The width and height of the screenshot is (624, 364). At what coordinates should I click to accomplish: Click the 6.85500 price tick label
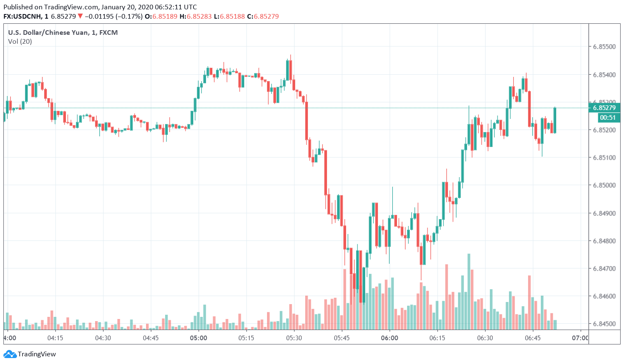[604, 47]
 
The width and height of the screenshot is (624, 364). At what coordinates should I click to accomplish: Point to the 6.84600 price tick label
[604, 296]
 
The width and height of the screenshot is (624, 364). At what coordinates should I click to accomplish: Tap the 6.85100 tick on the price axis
[604, 158]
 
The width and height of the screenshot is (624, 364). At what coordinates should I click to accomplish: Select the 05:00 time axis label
[199, 338]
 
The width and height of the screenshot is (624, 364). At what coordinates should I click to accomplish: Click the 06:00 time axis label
[390, 338]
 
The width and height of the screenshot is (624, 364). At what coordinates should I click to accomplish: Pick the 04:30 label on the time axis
[103, 338]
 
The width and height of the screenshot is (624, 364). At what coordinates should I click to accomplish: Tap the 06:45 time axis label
[533, 338]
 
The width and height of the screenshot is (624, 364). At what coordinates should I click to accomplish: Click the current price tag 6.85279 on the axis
[604, 108]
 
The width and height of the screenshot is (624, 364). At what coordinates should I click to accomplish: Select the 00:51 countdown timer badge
[608, 118]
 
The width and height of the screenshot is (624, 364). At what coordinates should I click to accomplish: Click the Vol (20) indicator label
[20, 42]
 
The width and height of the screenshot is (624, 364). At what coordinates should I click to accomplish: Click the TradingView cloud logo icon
[10, 354]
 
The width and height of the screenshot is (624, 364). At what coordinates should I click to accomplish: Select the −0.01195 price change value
[100, 17]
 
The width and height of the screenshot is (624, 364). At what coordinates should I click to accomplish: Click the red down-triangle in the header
[80, 17]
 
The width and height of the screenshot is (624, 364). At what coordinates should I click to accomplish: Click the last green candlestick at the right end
[555, 120]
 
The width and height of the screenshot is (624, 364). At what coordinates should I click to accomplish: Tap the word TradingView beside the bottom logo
[37, 354]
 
